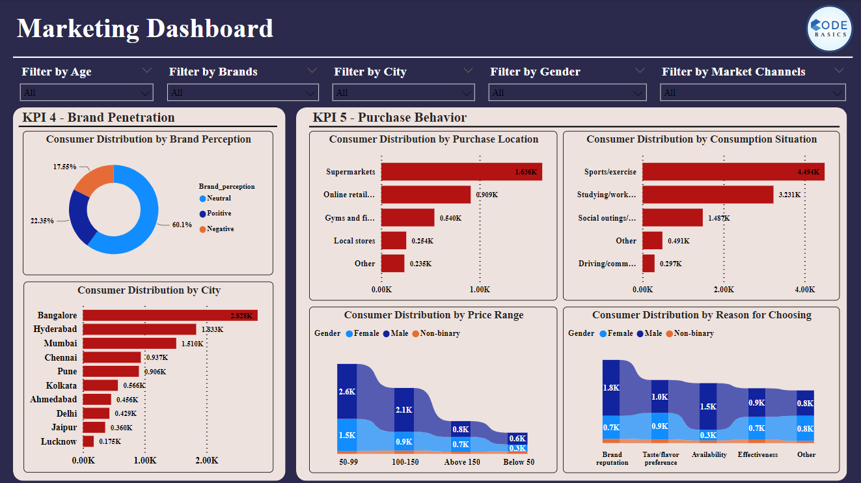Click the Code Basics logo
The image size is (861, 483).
(x=829, y=29)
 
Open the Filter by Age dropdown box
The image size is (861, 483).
(x=87, y=92)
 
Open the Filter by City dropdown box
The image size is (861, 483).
(x=403, y=92)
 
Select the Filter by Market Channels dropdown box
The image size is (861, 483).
(x=753, y=92)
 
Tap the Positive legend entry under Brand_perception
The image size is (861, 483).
(x=219, y=214)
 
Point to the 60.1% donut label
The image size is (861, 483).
(x=182, y=225)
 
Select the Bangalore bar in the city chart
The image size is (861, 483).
(x=170, y=316)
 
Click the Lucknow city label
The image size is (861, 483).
(x=59, y=442)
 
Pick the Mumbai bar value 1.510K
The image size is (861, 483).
(x=191, y=344)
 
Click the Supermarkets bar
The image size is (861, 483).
(x=461, y=172)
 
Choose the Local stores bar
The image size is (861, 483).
(x=394, y=241)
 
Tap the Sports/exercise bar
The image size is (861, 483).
(x=733, y=172)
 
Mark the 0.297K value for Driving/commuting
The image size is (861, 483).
(x=670, y=264)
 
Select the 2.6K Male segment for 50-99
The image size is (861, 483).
(x=347, y=391)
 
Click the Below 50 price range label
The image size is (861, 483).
(x=518, y=462)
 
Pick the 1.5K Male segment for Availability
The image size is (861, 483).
(x=708, y=406)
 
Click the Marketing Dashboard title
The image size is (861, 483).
(x=145, y=29)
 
